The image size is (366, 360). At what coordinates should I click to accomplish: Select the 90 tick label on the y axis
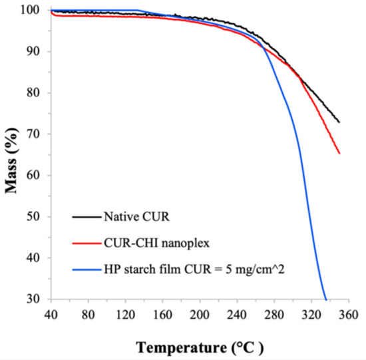point(36,52)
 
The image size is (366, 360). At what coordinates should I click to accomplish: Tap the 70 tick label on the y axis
point(36,134)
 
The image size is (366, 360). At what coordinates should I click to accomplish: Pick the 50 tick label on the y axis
point(36,217)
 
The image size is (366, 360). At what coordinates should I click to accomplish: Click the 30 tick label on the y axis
point(36,299)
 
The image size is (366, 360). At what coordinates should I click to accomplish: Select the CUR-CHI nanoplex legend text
point(148,242)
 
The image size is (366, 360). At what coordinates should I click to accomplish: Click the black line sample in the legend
point(86,218)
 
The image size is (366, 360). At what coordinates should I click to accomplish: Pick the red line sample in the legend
point(86,243)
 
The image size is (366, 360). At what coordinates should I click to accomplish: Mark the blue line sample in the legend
point(86,269)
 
